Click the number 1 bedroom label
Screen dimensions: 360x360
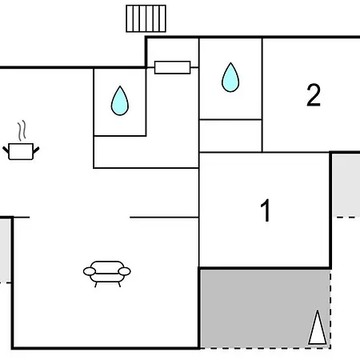266,210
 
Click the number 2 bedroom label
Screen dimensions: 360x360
314,95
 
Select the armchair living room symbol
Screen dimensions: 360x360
107,274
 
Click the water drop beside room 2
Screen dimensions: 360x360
230,78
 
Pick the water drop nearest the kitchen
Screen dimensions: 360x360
120,101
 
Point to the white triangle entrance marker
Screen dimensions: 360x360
318,327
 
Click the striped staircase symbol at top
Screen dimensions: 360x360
146,18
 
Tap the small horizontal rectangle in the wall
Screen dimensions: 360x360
173,67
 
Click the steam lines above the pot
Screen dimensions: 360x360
22,130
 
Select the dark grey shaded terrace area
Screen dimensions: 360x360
266,308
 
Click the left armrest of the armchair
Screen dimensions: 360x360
90,271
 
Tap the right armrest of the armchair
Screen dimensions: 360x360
124,271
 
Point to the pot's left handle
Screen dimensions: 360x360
6,150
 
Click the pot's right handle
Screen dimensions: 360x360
36,150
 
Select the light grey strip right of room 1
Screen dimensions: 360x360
346,186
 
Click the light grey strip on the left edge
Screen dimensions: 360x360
5,250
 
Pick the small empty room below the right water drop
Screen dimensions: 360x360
230,136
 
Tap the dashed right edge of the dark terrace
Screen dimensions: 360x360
330,308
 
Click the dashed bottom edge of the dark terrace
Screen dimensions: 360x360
266,348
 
